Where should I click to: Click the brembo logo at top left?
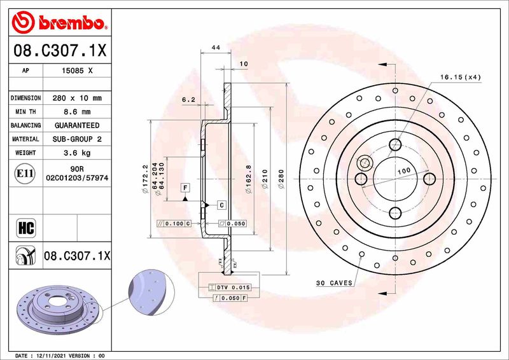tap(58, 23)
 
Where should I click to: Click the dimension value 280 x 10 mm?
tap(77, 99)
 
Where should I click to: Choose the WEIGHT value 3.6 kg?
tap(77, 153)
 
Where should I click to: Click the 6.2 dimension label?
tap(188, 99)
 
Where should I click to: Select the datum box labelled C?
tap(221, 205)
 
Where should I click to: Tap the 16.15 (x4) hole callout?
tap(460, 77)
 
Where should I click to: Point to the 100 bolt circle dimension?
tap(403, 172)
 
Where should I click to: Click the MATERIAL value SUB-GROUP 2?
tap(77, 139)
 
